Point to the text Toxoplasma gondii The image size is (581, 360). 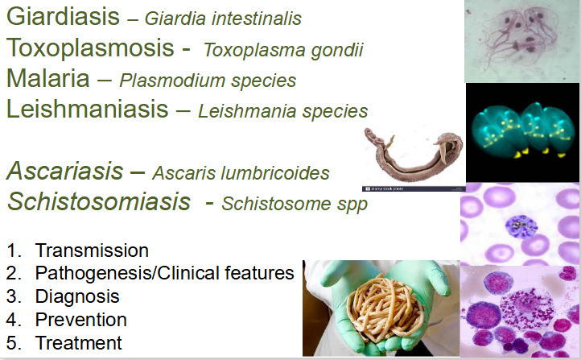283,51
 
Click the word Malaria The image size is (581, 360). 49,79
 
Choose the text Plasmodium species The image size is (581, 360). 208,81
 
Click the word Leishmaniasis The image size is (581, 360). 89,109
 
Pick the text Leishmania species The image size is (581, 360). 282,111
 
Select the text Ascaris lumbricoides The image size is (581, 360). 241,173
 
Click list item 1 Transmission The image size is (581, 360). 92,250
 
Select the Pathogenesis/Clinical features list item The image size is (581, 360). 164,273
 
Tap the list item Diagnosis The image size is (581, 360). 77,296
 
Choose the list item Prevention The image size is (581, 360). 80,320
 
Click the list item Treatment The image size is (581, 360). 78,343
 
